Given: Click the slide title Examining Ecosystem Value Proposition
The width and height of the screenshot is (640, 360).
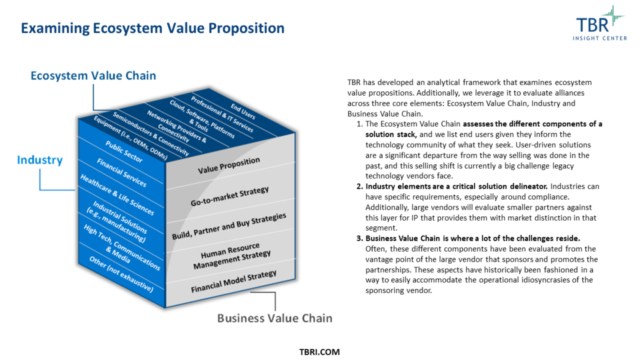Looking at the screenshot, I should coord(153,28).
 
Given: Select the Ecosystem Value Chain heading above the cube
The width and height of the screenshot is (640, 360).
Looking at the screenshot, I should coord(93,76).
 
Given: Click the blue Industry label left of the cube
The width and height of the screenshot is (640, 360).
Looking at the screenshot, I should coord(40,160).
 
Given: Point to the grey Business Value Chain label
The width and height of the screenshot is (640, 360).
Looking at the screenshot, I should coord(275,318).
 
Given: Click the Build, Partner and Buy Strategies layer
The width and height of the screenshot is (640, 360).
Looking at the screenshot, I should coord(229,226).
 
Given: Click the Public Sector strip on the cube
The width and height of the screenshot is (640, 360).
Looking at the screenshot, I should coord(124,152).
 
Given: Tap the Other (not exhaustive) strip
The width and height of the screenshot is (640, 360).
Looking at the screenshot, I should coord(121,274).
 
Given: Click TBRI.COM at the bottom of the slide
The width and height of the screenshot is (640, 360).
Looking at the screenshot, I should coord(319,352).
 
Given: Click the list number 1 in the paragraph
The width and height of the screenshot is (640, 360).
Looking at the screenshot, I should coord(360,124).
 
